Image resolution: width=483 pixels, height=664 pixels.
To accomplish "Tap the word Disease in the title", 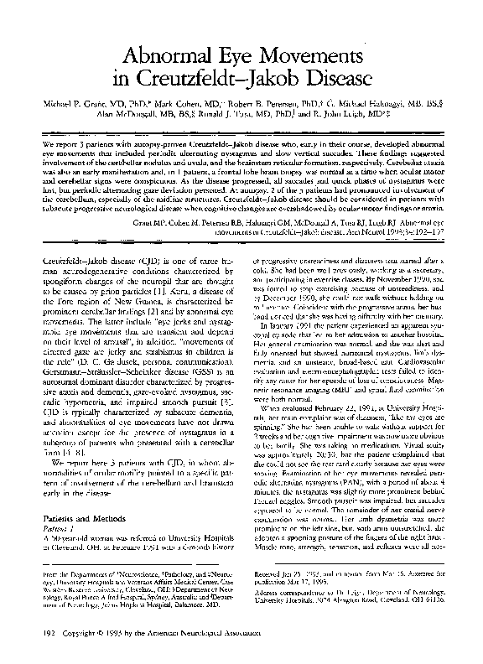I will click(x=326, y=81).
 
